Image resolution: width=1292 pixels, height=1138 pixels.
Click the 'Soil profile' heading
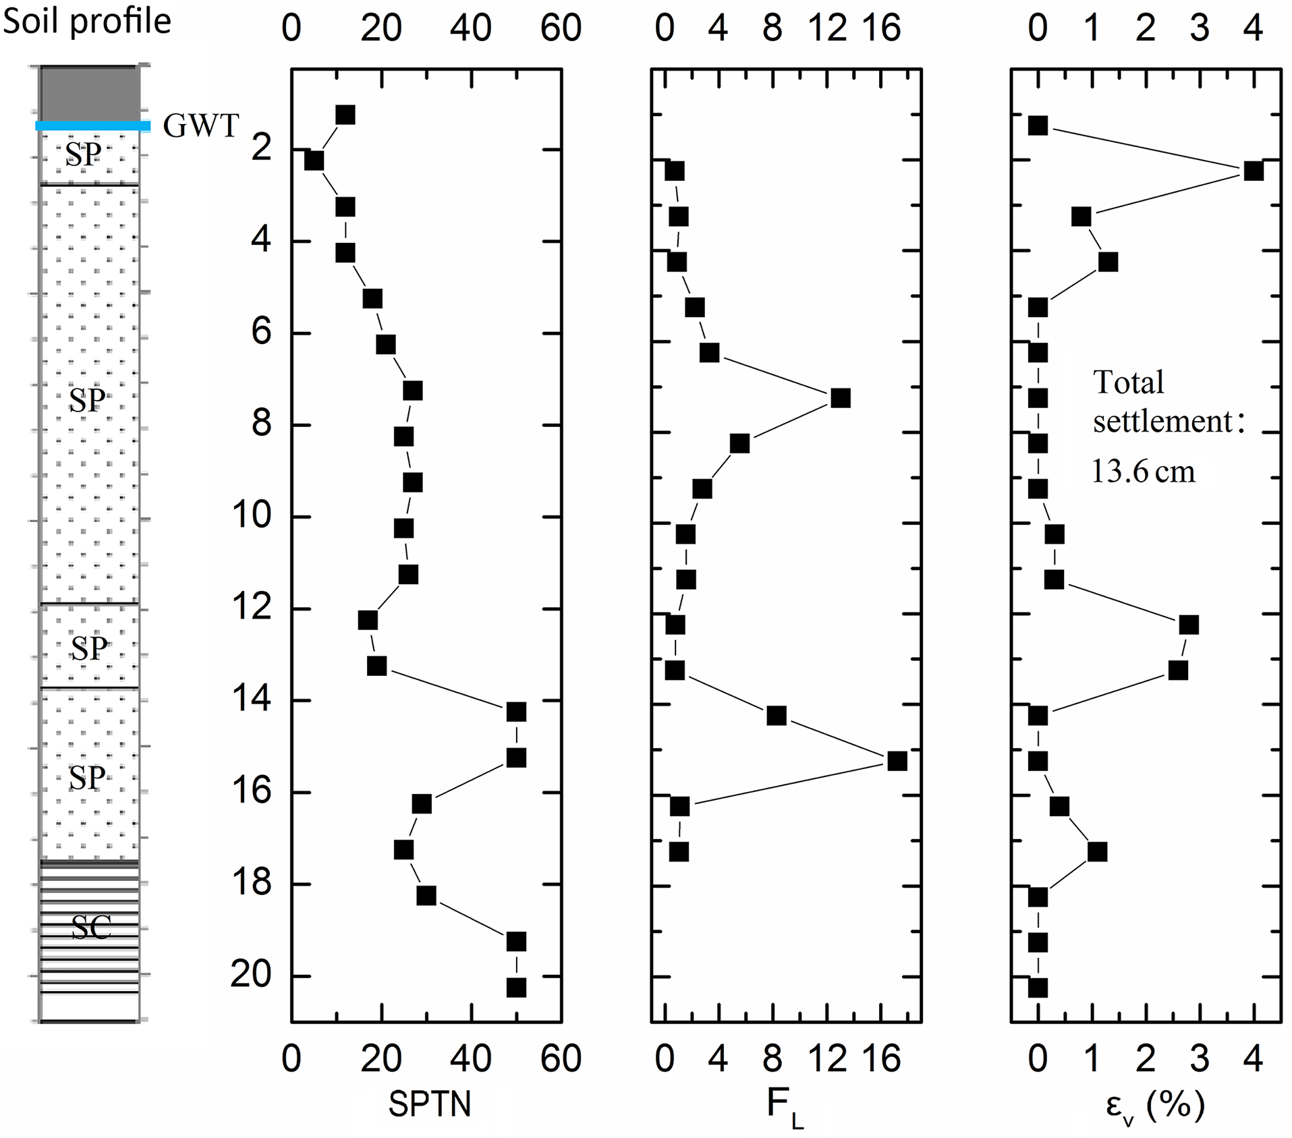pos(87,22)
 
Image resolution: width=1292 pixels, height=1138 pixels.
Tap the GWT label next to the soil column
pos(201,126)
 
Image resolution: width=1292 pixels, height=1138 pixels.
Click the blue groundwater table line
pos(92,126)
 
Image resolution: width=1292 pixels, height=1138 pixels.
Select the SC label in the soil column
pos(90,929)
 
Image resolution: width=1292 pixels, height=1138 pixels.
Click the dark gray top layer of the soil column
pos(90,93)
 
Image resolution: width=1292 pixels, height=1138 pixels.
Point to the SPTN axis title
pos(429,1104)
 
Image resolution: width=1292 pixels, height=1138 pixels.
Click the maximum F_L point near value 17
pos(897,761)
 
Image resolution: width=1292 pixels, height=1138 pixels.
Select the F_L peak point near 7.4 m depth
pos(840,398)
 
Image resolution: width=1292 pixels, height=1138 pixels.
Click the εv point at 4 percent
pos(1253,171)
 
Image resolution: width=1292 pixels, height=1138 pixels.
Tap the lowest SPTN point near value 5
pos(314,161)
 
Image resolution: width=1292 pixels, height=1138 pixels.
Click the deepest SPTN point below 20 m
pos(516,988)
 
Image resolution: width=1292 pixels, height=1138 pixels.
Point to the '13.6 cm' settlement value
pos(1143,472)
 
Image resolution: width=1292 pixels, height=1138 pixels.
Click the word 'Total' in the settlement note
pos(1129,382)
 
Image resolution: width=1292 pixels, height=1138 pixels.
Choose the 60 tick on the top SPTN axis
pos(561,29)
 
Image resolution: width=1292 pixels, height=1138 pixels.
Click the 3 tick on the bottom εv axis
pos(1199,1058)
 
